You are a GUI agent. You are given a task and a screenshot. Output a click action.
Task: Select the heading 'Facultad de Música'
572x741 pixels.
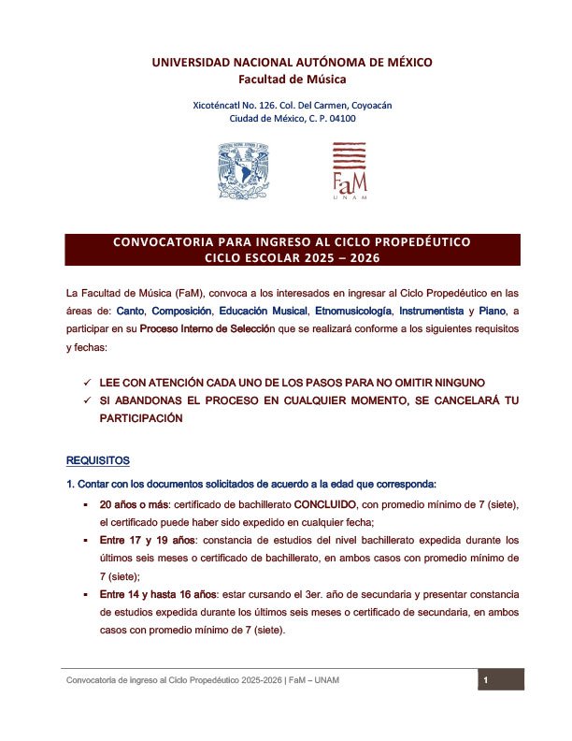click(x=293, y=80)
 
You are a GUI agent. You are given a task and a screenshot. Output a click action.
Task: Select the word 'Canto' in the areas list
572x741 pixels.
click(x=130, y=310)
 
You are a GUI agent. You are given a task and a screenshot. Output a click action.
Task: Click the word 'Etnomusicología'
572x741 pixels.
click(x=362, y=310)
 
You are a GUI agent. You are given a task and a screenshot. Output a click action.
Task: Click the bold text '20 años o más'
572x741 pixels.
click(x=132, y=504)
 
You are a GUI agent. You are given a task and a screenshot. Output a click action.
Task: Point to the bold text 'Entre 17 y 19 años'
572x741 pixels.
click(x=142, y=541)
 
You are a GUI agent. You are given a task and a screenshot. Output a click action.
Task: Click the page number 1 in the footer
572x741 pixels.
click(x=486, y=680)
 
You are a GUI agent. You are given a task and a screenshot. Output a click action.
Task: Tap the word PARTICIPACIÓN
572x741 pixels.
click(x=141, y=418)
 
